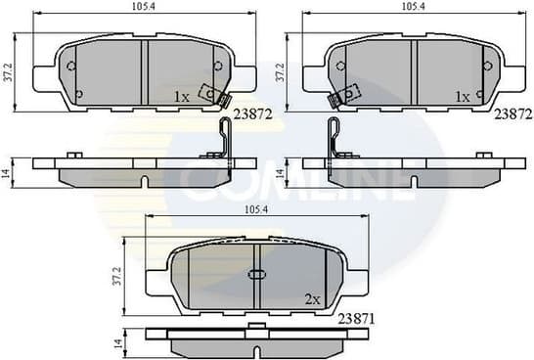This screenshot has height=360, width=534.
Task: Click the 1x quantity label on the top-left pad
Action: coord(181,97)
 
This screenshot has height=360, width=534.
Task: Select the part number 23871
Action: coord(358,317)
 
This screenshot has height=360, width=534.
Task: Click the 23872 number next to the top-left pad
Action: coord(252,114)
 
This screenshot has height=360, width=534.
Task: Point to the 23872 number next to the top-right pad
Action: coord(512,114)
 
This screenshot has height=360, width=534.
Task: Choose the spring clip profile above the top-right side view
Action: coord(334,139)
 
